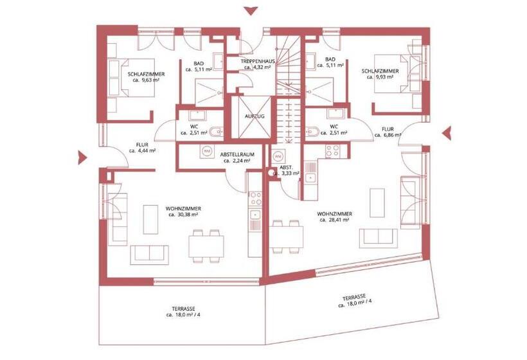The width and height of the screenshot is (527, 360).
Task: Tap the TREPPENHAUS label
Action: [x=258, y=60]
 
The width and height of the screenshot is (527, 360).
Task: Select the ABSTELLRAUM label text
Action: [x=236, y=155]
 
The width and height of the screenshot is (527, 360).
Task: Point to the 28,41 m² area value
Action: [x=334, y=220]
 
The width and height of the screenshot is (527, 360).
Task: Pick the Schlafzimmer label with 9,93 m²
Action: [x=380, y=71]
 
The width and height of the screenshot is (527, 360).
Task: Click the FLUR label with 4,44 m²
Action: [x=142, y=145]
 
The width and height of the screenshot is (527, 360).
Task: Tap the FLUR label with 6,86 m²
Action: [x=388, y=129]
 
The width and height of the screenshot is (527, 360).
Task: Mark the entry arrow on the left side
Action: [x=82, y=157]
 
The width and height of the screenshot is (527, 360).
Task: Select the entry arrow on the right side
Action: [x=447, y=132]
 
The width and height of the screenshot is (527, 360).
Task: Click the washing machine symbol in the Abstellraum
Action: [x=207, y=151]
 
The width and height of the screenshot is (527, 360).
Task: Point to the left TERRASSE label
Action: [x=183, y=309]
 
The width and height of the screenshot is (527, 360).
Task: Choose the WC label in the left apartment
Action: [x=193, y=126]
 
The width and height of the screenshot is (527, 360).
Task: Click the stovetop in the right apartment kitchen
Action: [x=333, y=151]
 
